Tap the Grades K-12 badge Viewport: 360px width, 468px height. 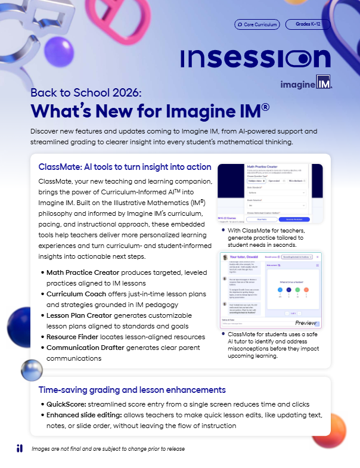coord(308,25)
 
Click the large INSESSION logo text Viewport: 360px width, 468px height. coord(255,58)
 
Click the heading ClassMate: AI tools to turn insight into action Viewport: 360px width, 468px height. coord(125,167)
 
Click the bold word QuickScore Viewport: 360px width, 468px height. coord(67,404)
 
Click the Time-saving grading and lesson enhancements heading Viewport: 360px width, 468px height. coord(132,390)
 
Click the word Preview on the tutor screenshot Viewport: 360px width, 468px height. coord(306,323)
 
